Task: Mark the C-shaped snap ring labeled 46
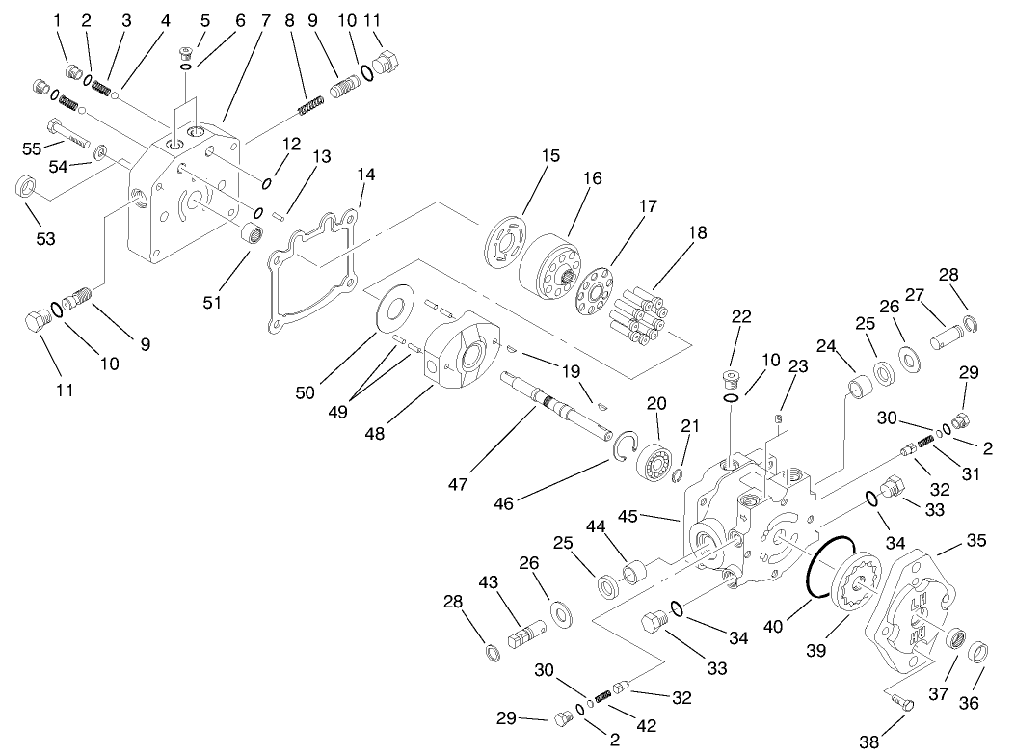[624, 445]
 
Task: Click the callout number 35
[976, 541]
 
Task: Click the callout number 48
[374, 434]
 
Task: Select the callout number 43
[490, 584]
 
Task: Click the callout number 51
[212, 302]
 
